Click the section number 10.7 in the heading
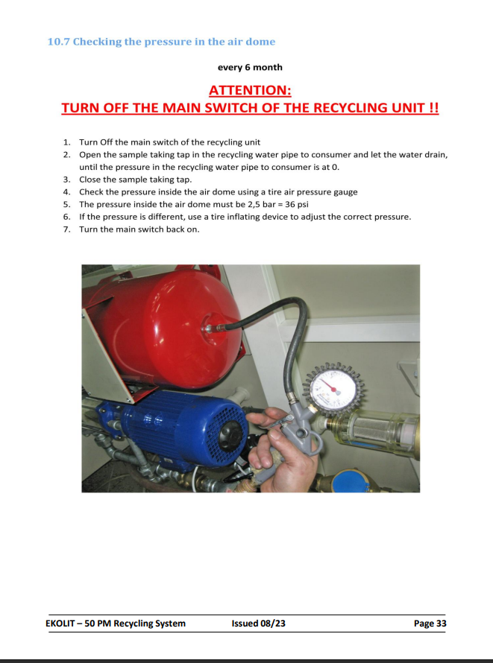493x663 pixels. click(58, 42)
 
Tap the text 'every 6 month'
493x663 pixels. click(250, 67)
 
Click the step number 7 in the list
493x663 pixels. click(66, 229)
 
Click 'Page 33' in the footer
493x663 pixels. click(430, 624)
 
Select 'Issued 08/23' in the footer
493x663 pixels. click(258, 624)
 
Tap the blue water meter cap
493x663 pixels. click(351, 483)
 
